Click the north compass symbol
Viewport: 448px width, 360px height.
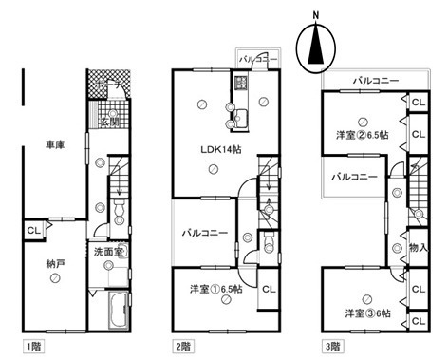point(313,46)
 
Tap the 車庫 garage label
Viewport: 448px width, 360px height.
point(55,146)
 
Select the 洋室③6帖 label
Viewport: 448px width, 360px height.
point(362,312)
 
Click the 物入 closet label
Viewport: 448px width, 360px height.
point(417,247)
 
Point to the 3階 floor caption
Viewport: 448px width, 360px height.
point(332,347)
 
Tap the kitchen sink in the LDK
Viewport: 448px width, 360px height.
point(237,118)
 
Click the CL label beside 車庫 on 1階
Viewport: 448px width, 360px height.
point(32,230)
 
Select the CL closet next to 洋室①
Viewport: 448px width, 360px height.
point(269,289)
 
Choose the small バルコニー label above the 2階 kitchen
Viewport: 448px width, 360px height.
point(258,59)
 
